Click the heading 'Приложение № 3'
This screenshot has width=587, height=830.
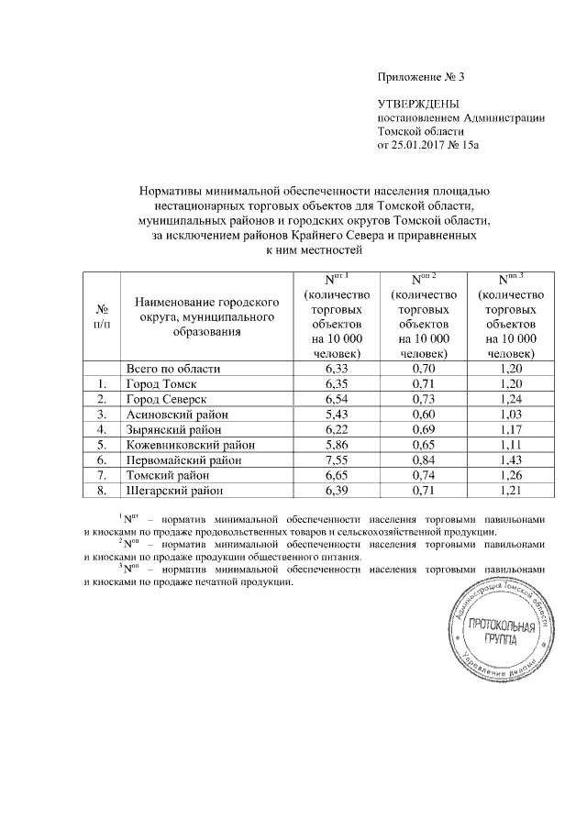coord(415,76)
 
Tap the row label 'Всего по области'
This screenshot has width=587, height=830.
coord(174,368)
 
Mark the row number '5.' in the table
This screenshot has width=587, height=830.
coord(104,445)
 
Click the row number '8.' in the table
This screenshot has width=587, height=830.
coord(104,492)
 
